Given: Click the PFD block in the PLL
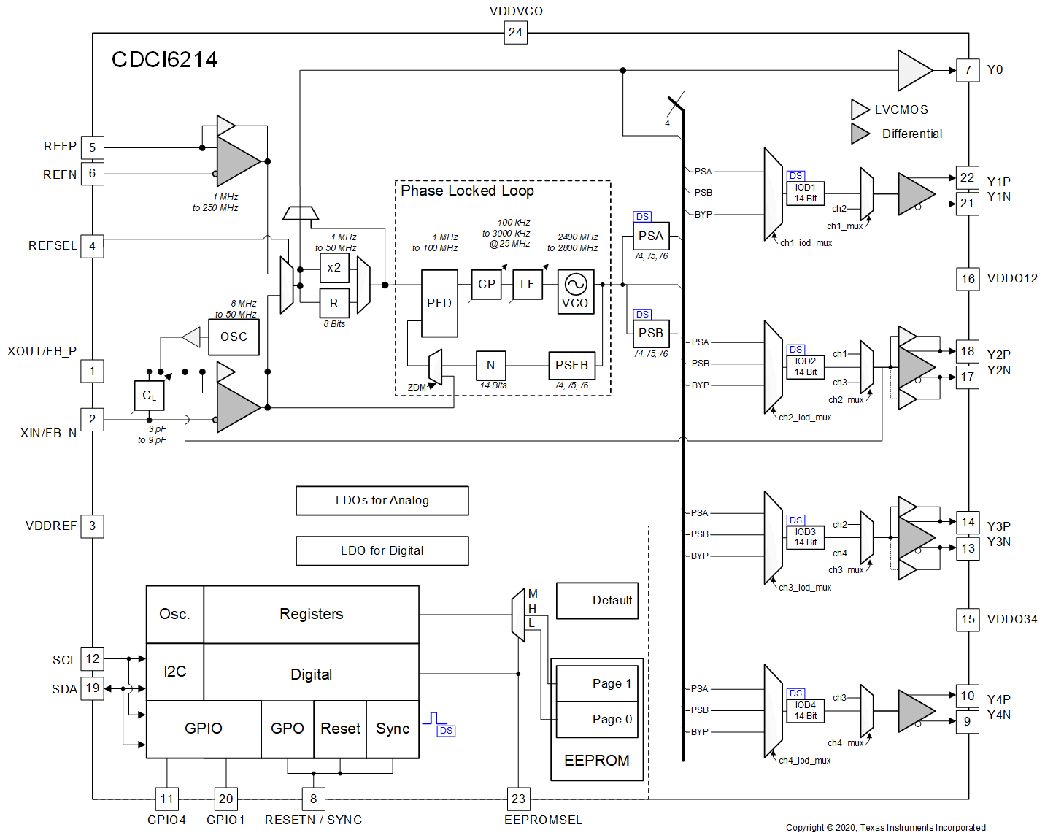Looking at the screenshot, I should (439, 303).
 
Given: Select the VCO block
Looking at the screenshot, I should (576, 291).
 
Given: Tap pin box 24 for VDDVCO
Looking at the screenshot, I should (515, 32).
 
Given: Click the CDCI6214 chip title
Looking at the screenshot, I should (164, 60).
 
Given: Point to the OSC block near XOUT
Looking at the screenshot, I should (234, 337).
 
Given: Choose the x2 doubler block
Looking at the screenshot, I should (334, 268).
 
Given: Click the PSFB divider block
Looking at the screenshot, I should (571, 365).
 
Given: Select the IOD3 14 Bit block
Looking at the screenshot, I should (805, 537).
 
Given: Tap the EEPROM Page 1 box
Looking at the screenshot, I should (597, 683).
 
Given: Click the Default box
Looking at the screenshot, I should (597, 600).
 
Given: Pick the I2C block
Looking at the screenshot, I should (175, 672).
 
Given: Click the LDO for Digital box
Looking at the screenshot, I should (382, 550).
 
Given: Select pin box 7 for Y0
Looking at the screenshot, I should (968, 70).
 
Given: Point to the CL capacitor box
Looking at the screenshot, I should (149, 396).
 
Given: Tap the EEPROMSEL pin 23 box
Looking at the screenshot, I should (518, 799).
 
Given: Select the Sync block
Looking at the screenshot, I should (393, 729).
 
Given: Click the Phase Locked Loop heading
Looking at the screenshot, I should (467, 191).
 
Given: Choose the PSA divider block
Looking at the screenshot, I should (650, 236).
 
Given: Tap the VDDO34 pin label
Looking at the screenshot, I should (1012, 619).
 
